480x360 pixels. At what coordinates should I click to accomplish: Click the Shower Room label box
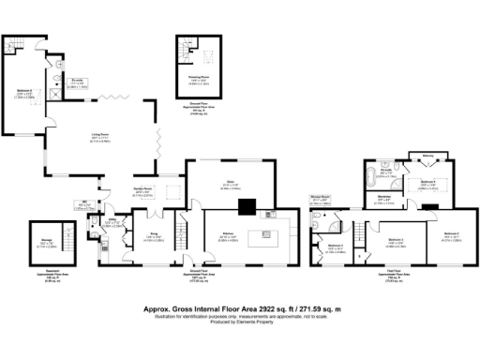pyautogui.click(x=321, y=200)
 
